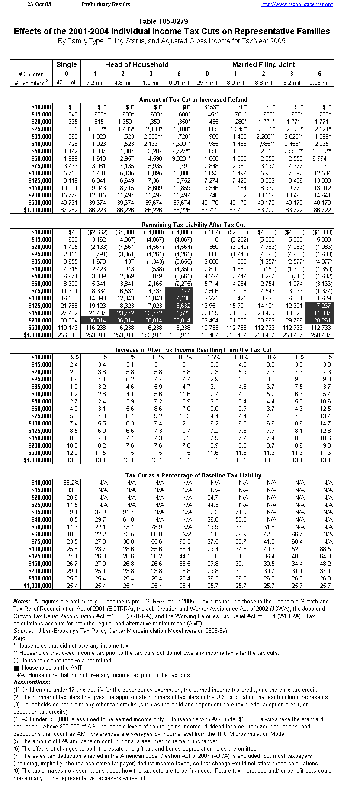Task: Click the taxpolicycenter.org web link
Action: point(297,4)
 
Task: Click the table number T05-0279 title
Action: point(163,21)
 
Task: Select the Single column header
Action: point(67,64)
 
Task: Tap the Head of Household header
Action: point(137,64)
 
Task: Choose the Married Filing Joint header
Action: point(264,64)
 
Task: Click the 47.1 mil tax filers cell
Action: point(67,82)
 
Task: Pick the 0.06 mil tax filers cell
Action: point(320,82)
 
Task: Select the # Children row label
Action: point(31,74)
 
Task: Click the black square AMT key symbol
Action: point(16,668)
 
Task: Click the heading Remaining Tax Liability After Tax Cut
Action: point(193,225)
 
